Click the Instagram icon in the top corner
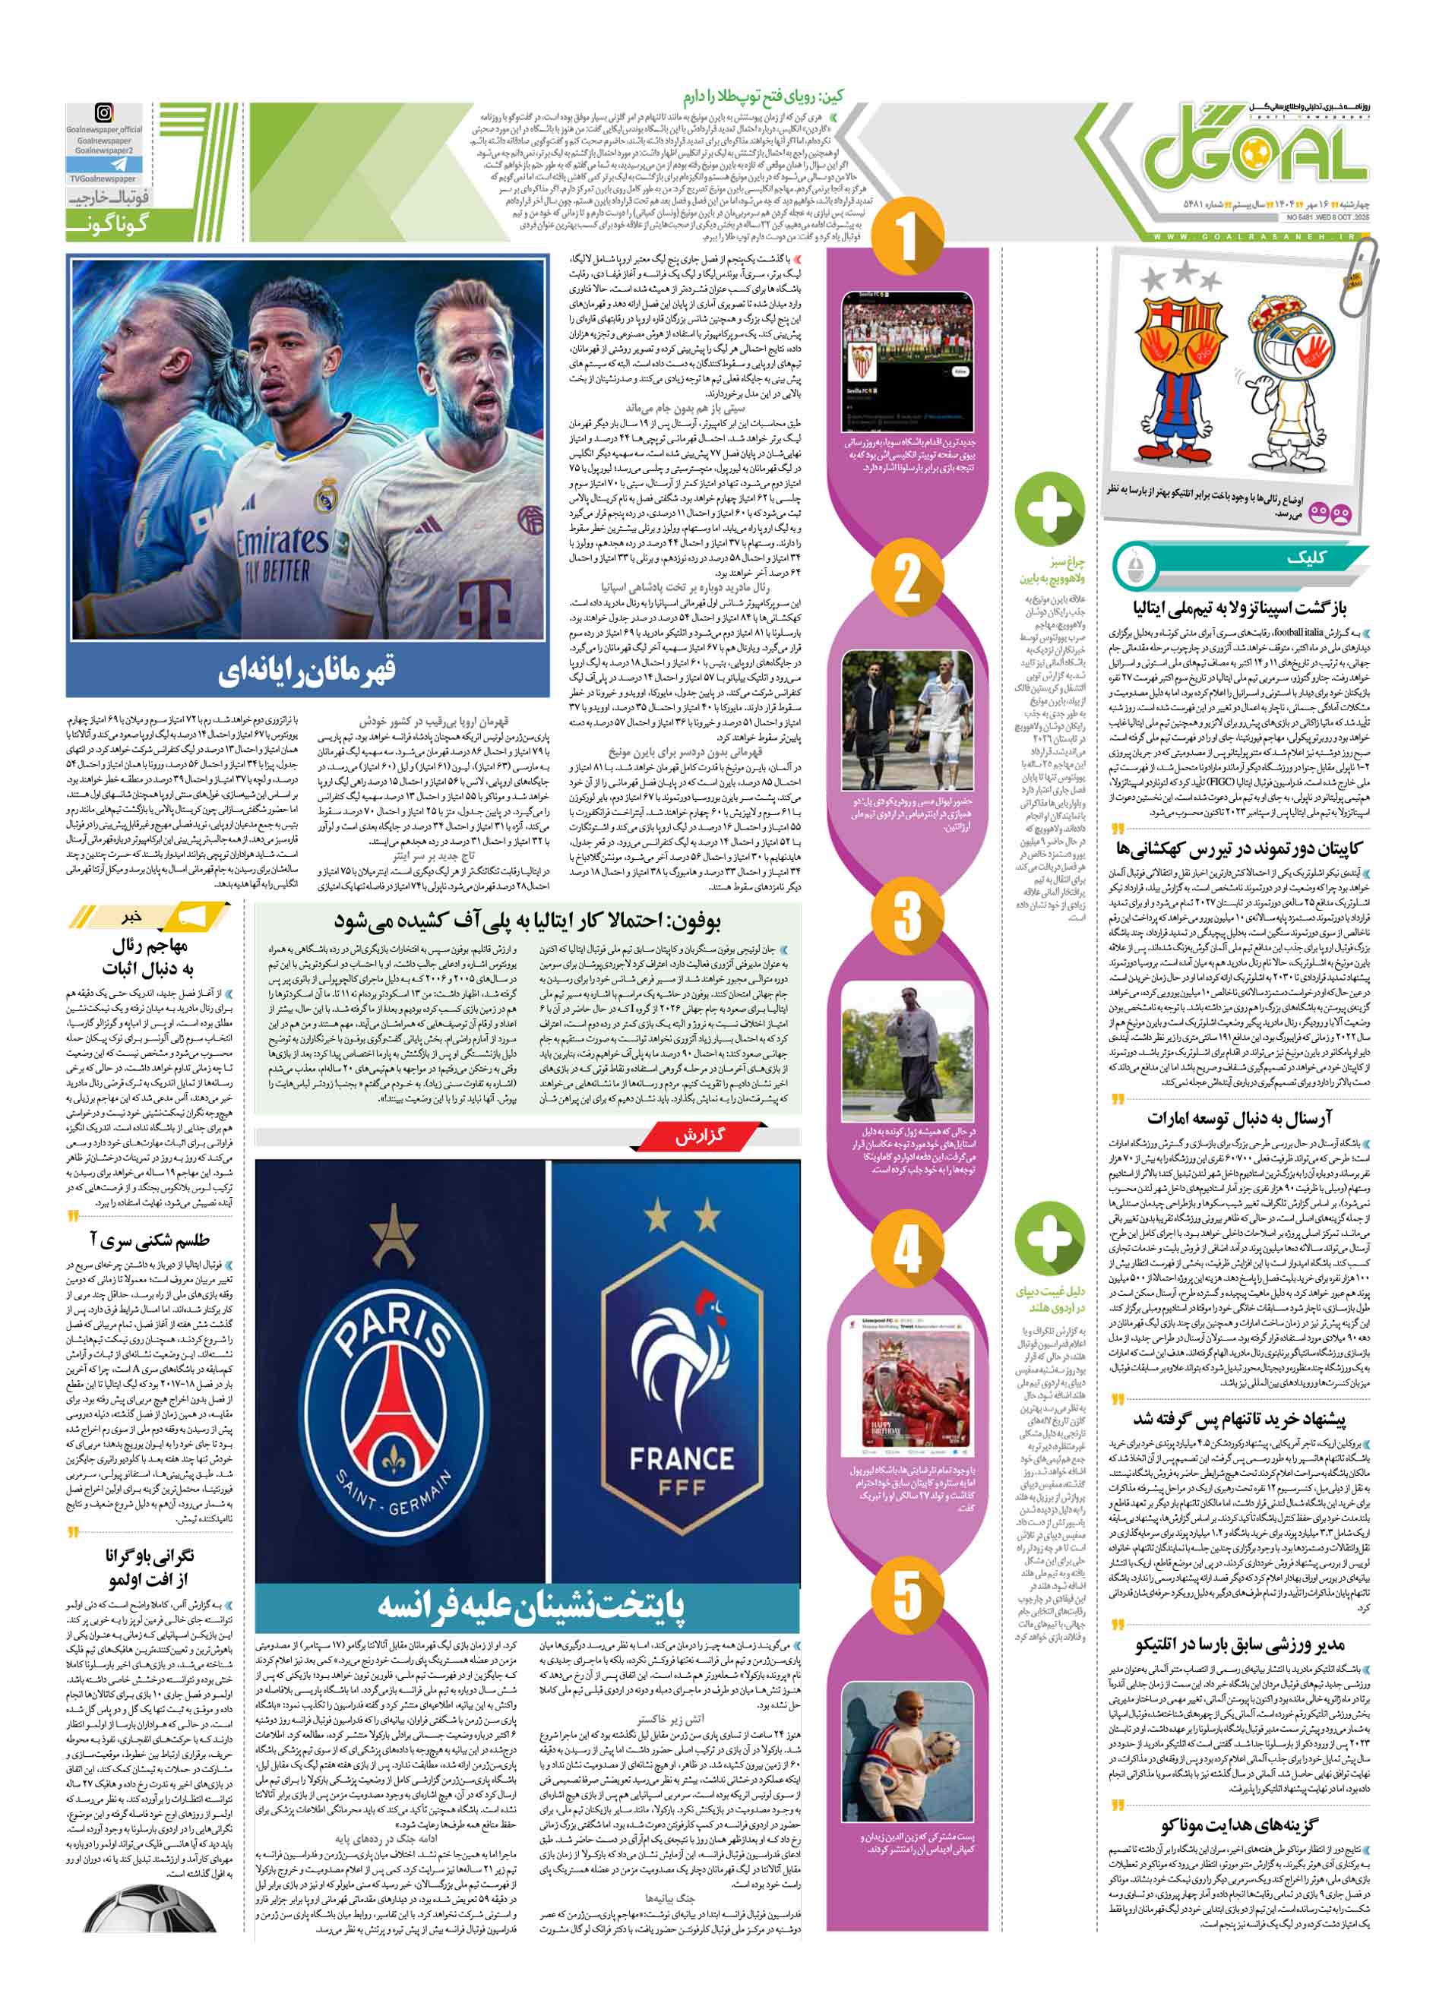point(104,113)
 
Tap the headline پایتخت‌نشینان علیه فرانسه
point(530,1605)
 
